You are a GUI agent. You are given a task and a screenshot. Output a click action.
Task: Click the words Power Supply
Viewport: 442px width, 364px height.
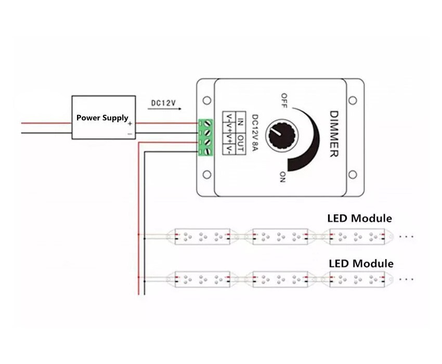tap(102, 118)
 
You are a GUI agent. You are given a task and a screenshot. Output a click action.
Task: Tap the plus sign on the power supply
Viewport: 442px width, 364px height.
tap(130, 123)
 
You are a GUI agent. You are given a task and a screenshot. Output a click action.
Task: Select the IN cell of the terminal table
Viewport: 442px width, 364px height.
tap(240, 122)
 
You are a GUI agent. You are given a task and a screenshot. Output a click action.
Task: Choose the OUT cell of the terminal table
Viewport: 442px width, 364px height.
tap(240, 144)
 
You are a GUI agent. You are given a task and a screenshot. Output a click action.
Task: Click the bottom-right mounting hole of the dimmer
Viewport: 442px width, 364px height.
tap(353, 174)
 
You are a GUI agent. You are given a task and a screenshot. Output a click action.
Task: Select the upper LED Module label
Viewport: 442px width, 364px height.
tap(359, 218)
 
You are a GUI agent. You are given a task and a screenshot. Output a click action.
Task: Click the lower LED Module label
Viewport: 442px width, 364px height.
tap(361, 264)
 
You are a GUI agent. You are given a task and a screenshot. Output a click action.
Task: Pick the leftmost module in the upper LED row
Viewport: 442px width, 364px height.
tap(202, 237)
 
